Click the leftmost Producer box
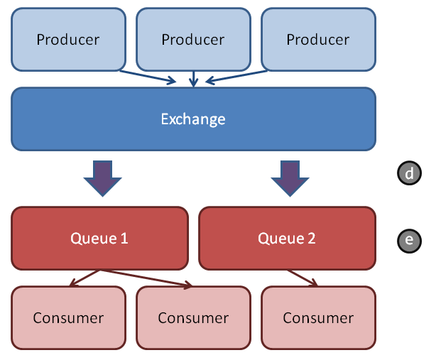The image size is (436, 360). point(68,40)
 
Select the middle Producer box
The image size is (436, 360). point(194,40)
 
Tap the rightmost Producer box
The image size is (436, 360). point(318,40)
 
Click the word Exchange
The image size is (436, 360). point(193,119)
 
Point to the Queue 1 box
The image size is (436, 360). point(99,239)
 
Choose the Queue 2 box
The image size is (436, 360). point(288,239)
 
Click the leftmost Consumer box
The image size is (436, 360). point(68,317)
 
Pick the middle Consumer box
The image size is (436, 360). point(194,317)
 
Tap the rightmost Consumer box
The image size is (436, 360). point(318,317)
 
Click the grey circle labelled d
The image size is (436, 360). point(409,173)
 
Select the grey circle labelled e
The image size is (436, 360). point(409,241)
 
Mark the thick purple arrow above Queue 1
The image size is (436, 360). point(102,178)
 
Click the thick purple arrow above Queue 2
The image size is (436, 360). point(290,178)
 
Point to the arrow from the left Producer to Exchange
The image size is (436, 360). point(148,77)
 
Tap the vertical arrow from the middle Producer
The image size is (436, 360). point(194,79)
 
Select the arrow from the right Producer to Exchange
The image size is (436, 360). point(236,77)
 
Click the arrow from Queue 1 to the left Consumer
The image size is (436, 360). point(85,278)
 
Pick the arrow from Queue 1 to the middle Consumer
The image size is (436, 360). point(146,278)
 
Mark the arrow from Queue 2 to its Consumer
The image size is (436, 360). point(303,278)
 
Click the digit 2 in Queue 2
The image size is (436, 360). point(312,239)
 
